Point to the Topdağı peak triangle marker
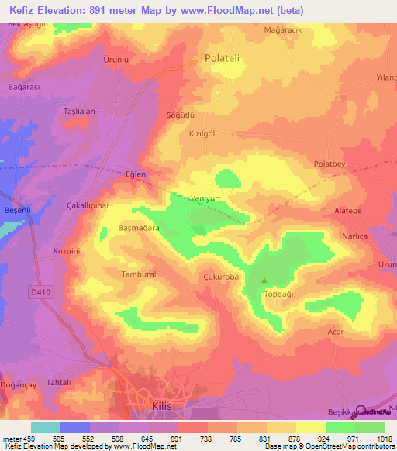tap(264, 281)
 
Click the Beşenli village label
tap(17, 211)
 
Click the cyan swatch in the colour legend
tap(45, 426)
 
